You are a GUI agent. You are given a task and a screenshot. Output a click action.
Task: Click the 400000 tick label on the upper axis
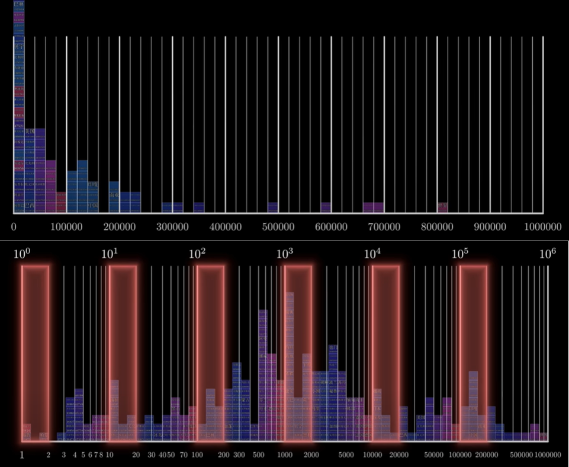pyautogui.click(x=225, y=226)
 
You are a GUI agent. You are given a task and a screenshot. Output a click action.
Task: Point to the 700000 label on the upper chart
pyautogui.click(x=384, y=226)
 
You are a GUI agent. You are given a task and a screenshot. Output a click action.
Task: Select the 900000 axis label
pyautogui.click(x=490, y=226)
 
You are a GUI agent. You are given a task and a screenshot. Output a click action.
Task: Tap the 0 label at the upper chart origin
pyautogui.click(x=13, y=226)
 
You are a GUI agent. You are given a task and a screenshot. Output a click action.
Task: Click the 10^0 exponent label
pyautogui.click(x=21, y=254)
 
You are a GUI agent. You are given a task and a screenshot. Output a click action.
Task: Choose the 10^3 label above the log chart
pyautogui.click(x=285, y=254)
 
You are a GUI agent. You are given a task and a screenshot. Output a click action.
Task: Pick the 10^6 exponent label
pyautogui.click(x=547, y=254)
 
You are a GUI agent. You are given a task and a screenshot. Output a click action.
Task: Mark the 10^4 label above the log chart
pyautogui.click(x=372, y=254)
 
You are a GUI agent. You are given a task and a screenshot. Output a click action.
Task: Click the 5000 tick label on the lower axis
pyautogui.click(x=346, y=455)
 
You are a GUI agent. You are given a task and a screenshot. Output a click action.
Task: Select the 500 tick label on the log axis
pyautogui.click(x=259, y=455)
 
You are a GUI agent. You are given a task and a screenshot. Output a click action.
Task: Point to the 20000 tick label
pyautogui.click(x=399, y=455)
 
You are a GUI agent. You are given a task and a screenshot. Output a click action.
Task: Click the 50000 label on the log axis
pyautogui.click(x=434, y=455)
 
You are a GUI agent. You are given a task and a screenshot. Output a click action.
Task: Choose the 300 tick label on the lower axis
pyautogui.click(x=239, y=455)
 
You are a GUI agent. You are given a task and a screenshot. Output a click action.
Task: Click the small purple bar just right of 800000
pyautogui.click(x=442, y=207)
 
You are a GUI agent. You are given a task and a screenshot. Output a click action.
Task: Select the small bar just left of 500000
pyautogui.click(x=273, y=207)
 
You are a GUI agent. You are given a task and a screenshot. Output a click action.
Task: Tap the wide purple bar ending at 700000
pyautogui.click(x=373, y=207)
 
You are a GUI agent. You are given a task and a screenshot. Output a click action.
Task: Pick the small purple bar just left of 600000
pyautogui.click(x=326, y=207)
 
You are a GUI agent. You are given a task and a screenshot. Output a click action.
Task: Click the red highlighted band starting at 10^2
pyautogui.click(x=210, y=353)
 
